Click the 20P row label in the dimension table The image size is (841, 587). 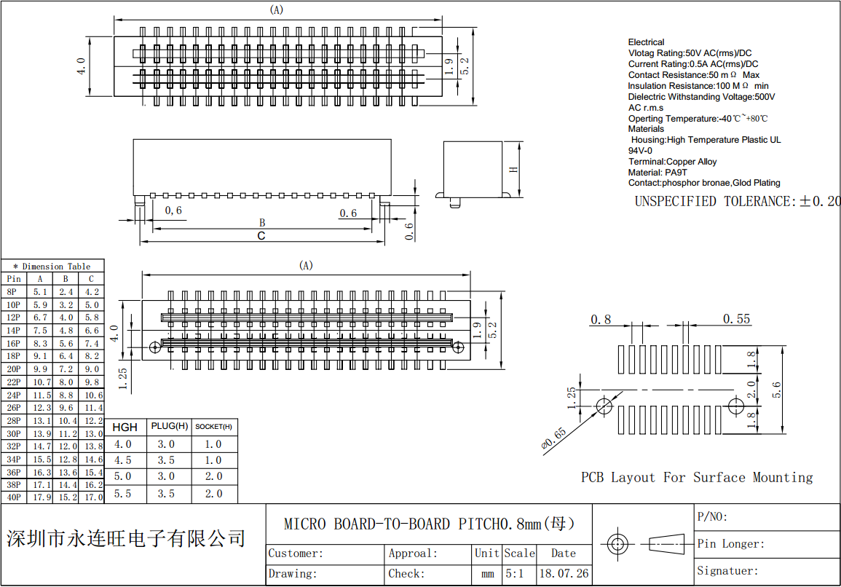pos(13,369)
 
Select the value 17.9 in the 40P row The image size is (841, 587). pos(41,497)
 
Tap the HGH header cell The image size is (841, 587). pos(125,427)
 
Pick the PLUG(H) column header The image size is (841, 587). pos(169,426)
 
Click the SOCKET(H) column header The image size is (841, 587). pos(213,427)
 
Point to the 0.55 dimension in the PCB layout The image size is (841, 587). pos(736,319)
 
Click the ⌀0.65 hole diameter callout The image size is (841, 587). pos(554,441)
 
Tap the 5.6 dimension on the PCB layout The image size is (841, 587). pos(777,390)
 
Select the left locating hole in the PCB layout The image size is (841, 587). pos(604,405)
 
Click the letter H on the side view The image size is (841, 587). pos(513,170)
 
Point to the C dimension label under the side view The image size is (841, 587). pos(261,236)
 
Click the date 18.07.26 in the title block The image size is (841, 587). pos(563,573)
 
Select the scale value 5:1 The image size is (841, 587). pos(514,573)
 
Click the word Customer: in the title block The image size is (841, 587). pos(296,553)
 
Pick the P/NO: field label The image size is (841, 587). pos(712,517)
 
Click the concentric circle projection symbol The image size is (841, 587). pos(618,543)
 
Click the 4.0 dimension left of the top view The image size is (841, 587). pos(82,66)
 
